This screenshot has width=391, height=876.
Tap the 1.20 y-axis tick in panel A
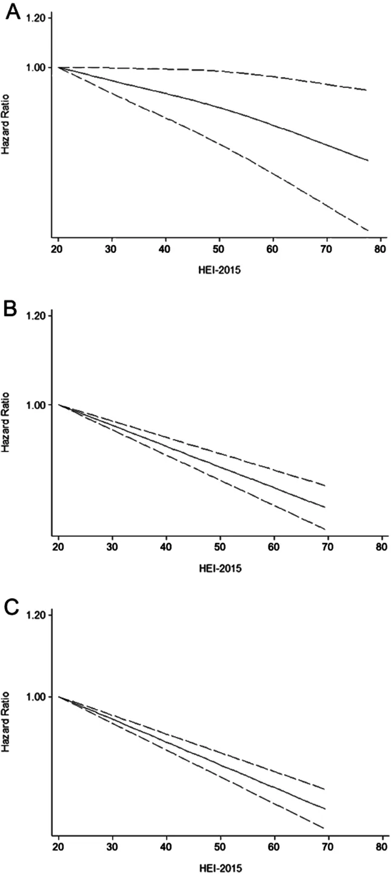coord(36,18)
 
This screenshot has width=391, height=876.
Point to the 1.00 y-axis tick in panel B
coord(36,405)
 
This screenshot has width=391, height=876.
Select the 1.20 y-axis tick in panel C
coord(36,615)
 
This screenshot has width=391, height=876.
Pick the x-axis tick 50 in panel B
coord(220,547)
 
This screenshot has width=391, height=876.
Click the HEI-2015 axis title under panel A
coord(219,270)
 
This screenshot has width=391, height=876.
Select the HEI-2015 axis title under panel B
coord(220,568)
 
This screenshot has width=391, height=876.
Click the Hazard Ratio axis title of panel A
coord(5,124)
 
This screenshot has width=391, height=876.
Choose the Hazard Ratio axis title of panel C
coord(5,721)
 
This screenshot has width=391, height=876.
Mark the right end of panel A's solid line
coord(368,160)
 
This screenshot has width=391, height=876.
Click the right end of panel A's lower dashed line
coord(368,231)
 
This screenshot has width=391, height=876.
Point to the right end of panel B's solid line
coord(325,507)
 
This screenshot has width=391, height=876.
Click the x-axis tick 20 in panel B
coord(58,547)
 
